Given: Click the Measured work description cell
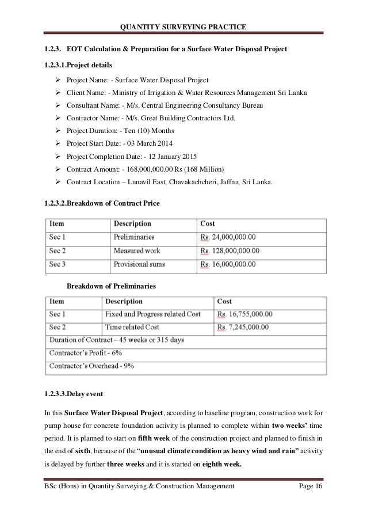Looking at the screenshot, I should coord(137,250).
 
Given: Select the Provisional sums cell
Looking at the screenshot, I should coord(139,264).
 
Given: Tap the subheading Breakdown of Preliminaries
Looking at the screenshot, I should coord(112,286).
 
